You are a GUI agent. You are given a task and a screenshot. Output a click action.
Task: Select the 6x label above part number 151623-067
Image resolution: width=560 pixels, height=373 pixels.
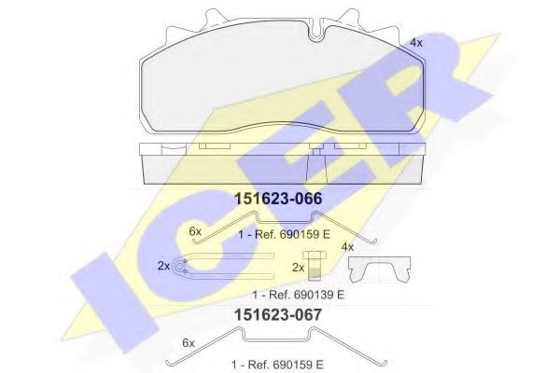pos(196,230)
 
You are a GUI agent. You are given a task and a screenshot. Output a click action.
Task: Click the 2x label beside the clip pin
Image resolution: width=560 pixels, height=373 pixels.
pos(164,266)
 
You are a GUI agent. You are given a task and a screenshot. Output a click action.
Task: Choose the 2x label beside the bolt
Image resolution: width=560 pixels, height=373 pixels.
pos(299,268)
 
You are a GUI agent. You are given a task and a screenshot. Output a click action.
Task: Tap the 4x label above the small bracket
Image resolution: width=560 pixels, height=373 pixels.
pos(348,247)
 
